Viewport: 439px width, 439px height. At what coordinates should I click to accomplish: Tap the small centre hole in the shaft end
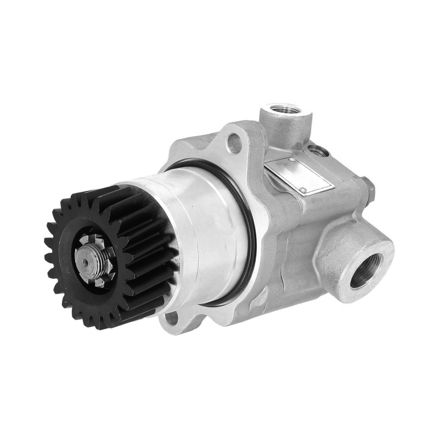[86, 262]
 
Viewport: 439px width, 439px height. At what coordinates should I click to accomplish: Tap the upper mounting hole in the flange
[234, 143]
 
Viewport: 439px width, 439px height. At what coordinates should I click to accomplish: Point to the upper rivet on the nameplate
[291, 160]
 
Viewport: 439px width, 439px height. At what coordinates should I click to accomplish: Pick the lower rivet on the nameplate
[302, 190]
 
